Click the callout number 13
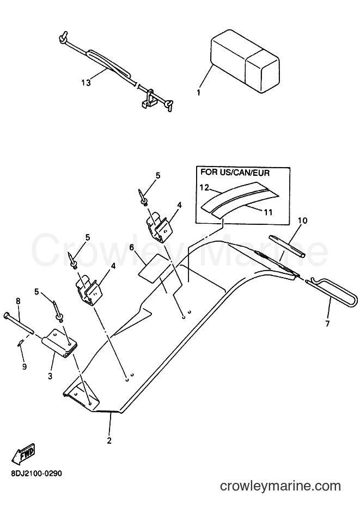[x=86, y=82]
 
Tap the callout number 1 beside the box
[x=198, y=92]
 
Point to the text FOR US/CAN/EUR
[x=235, y=173]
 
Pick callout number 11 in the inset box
[x=268, y=213]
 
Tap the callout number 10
[x=302, y=220]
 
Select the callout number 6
[x=131, y=248]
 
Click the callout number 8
[x=18, y=301]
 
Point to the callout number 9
[x=25, y=366]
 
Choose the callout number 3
[x=50, y=376]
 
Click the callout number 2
[x=109, y=441]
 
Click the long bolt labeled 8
[x=19, y=322]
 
